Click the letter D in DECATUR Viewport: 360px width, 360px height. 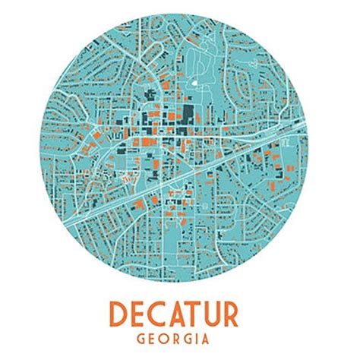[120, 314]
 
